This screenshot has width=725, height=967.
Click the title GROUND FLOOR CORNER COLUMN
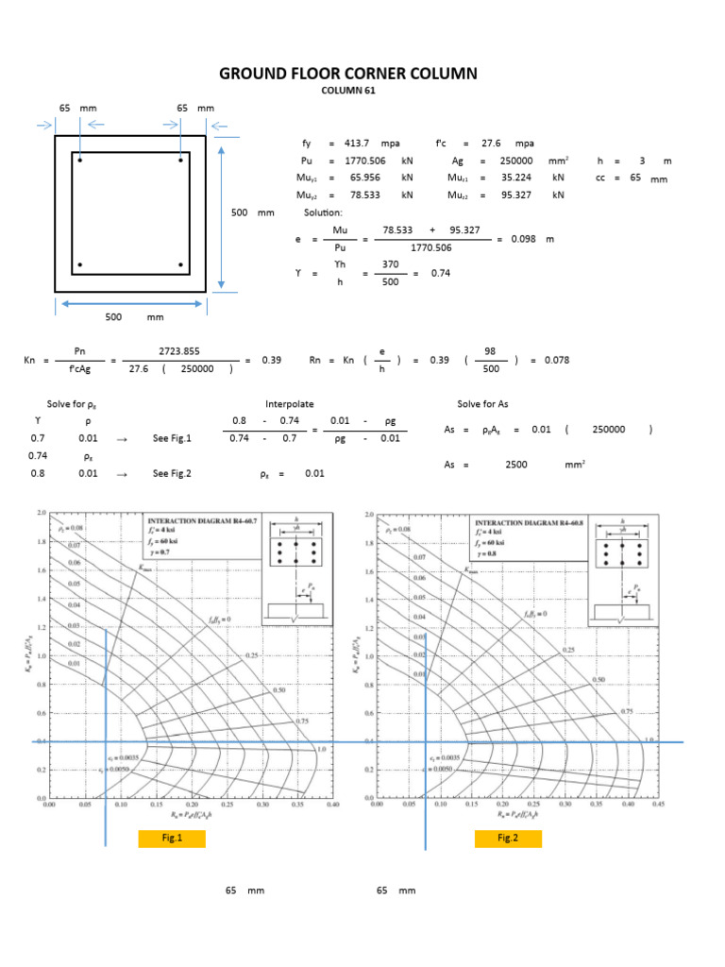(348, 74)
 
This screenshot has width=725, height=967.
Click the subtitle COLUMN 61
(348, 91)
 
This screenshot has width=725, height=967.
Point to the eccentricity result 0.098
(523, 239)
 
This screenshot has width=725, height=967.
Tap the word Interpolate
(286, 403)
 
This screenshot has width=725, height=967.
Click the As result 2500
(516, 464)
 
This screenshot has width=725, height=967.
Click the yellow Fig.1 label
(171, 839)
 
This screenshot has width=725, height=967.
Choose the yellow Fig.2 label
(509, 839)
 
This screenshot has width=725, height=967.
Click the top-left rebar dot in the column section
(81, 161)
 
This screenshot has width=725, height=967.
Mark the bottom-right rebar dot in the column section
(180, 264)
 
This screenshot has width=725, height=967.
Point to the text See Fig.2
(171, 473)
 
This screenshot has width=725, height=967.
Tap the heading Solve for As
(482, 403)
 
